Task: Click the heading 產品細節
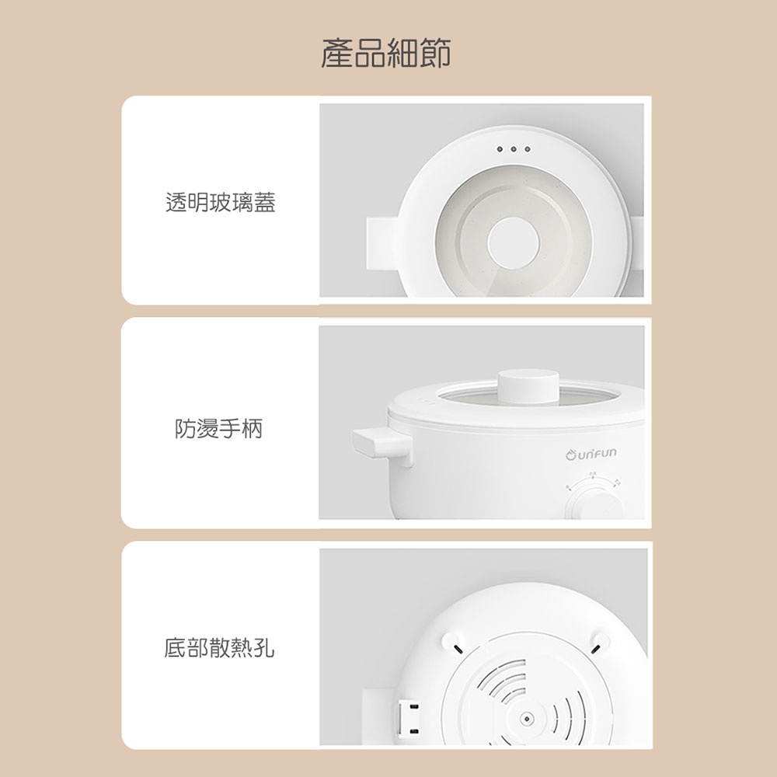pos(386,53)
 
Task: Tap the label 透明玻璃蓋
pos(221,202)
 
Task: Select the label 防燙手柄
pos(218,428)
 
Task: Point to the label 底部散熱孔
pos(219,648)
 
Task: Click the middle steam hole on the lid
pos(514,149)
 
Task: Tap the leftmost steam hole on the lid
pos(500,149)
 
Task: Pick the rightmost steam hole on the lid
pos(528,149)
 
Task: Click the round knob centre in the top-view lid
pos(513,242)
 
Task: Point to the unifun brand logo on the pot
pos(591,454)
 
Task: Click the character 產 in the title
pos(337,53)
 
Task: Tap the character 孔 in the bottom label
pos(264,648)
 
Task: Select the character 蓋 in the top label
pos(265,202)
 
